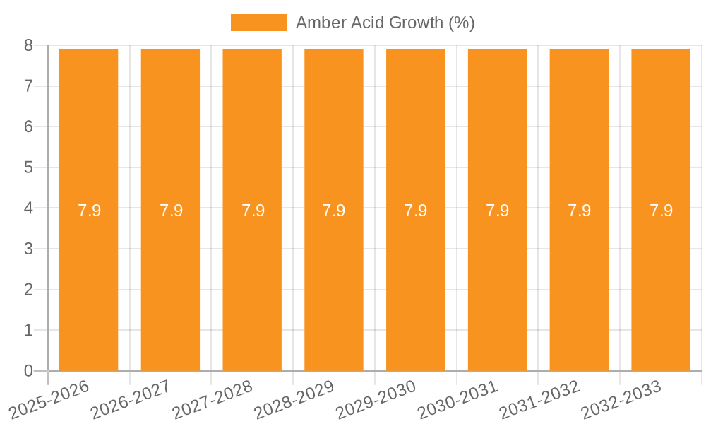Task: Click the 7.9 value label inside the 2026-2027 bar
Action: (171, 211)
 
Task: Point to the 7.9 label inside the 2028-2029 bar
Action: (334, 211)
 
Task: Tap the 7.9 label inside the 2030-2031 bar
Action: (497, 211)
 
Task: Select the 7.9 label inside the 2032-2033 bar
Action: (661, 211)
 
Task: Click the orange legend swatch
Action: (258, 23)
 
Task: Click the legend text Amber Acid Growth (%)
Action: (385, 23)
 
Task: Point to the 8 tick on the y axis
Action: (28, 45)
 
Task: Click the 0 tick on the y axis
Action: (28, 371)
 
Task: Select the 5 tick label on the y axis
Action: (28, 167)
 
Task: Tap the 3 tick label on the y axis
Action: (28, 249)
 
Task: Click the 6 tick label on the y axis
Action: (28, 126)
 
